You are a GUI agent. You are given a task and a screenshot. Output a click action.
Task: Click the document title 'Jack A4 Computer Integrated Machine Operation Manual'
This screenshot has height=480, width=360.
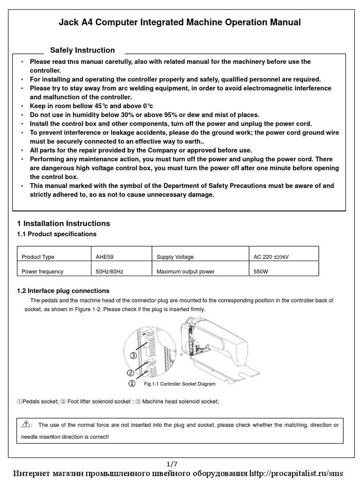pyautogui.click(x=180, y=22)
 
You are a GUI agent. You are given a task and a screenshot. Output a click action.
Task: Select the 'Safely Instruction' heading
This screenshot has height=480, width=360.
pyautogui.click(x=82, y=50)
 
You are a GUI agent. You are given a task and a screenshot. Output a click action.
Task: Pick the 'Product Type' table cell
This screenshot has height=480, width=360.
pyautogui.click(x=38, y=257)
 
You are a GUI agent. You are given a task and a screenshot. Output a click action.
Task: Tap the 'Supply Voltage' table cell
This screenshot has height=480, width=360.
pyautogui.click(x=175, y=257)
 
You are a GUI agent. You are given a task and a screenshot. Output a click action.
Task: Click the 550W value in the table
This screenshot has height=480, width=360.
pyautogui.click(x=261, y=271)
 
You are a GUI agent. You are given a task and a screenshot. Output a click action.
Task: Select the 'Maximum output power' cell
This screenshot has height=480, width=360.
pyautogui.click(x=185, y=271)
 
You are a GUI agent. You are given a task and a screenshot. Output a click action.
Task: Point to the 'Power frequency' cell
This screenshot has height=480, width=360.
pyautogui.click(x=42, y=271)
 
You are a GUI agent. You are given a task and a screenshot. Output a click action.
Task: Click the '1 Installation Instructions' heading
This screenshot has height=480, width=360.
pyautogui.click(x=63, y=224)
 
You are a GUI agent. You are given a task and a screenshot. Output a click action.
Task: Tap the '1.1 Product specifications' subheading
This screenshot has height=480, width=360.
pyautogui.click(x=57, y=234)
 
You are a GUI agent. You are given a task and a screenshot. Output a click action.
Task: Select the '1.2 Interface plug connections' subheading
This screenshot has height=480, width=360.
pyautogui.click(x=63, y=291)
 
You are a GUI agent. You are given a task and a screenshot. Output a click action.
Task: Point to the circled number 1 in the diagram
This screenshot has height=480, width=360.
pyautogui.click(x=132, y=383)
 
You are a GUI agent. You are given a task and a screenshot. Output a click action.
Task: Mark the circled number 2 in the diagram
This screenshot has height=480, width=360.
pyautogui.click(x=131, y=373)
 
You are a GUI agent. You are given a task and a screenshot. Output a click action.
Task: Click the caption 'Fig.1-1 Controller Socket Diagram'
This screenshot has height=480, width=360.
pyautogui.click(x=180, y=384)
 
